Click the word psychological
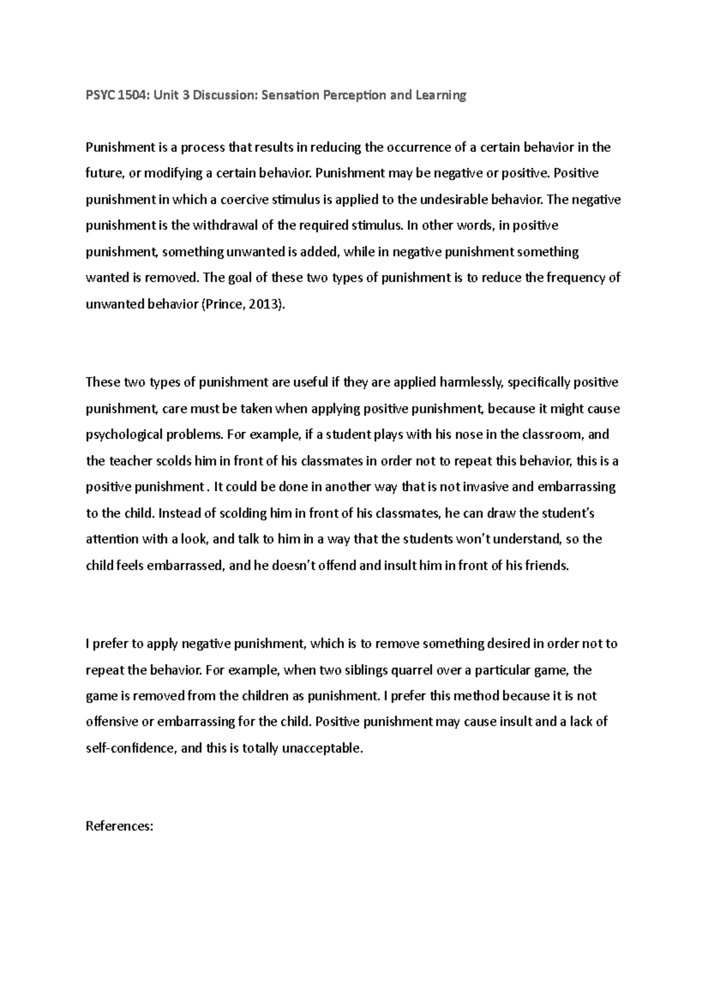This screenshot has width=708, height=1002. (124, 435)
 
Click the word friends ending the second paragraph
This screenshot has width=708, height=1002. (546, 565)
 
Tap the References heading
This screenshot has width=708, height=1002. (120, 826)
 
